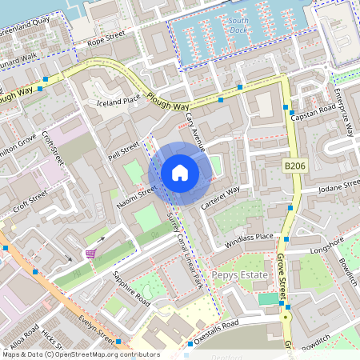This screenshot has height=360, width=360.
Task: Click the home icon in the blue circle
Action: [180, 172]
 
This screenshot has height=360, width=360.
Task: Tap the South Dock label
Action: [238, 22]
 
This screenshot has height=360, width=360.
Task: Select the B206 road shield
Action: [294, 166]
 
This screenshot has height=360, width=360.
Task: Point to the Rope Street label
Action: [106, 38]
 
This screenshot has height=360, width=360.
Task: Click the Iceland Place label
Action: [118, 102]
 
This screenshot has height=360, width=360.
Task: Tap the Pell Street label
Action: [124, 150]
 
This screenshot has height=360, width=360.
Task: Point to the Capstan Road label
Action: [315, 113]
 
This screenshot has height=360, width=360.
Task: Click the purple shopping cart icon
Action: [90, 254]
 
